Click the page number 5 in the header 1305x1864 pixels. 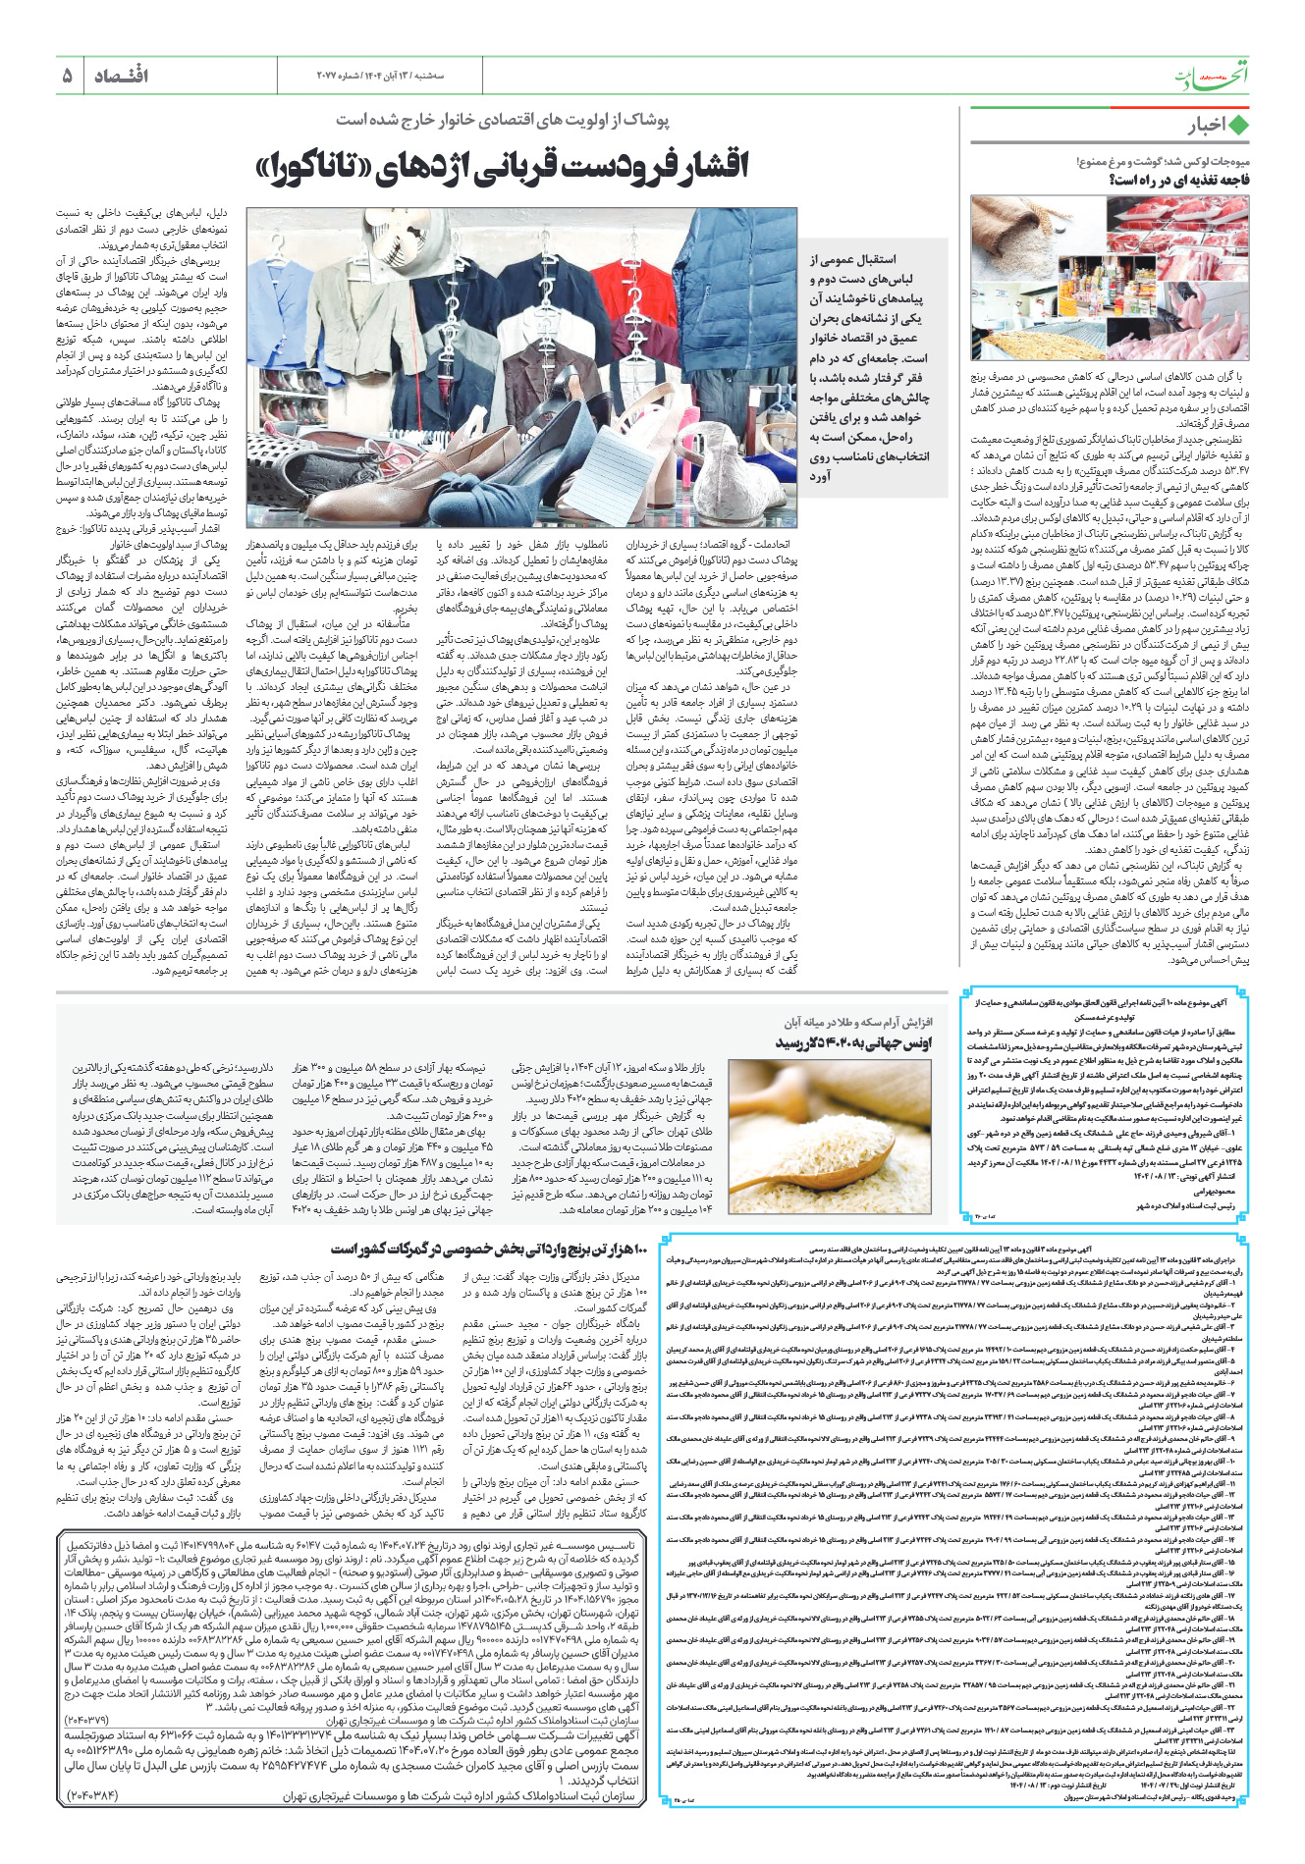67,76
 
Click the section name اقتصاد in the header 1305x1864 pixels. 121,76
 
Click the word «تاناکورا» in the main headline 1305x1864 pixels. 318,166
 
